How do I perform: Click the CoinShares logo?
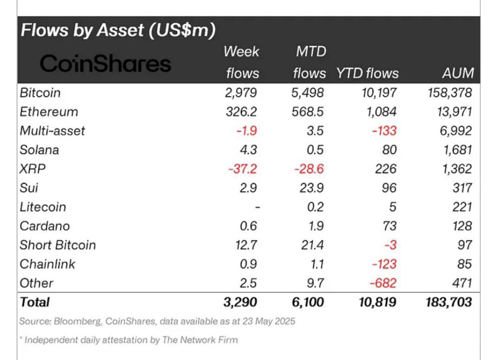[x=105, y=64]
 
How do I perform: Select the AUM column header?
[x=458, y=73]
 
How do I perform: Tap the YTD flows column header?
[x=367, y=73]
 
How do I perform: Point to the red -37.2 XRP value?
[x=242, y=169]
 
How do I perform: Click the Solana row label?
[x=39, y=150]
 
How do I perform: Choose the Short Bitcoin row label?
[x=58, y=245]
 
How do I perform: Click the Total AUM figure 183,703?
[x=449, y=302]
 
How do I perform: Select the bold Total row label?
[x=34, y=302]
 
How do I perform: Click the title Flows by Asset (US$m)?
[x=118, y=31]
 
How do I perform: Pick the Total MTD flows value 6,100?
[x=307, y=302]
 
